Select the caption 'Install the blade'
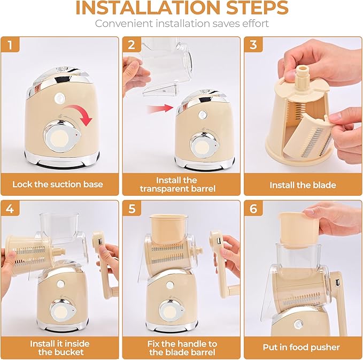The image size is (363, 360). point(303,185)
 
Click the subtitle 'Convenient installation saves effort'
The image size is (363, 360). point(181,24)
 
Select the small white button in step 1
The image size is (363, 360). point(58,99)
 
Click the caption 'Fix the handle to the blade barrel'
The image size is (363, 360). point(182,347)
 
